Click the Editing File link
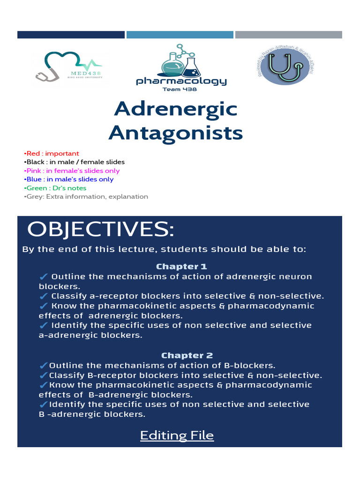click(177, 435)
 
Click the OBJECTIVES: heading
click(100, 230)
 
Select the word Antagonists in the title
click(176, 133)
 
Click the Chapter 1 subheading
click(181, 266)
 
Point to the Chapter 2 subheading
click(181, 355)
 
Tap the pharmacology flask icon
click(180, 61)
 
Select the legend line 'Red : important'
click(51, 153)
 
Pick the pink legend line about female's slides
click(71, 171)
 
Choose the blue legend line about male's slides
click(68, 179)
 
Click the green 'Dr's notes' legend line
click(55, 188)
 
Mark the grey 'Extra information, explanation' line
click(86, 196)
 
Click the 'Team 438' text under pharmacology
click(180, 89)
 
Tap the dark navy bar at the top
click(71, 35)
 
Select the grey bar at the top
click(288, 35)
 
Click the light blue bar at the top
click(180, 35)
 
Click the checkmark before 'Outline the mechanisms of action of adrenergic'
click(44, 277)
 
